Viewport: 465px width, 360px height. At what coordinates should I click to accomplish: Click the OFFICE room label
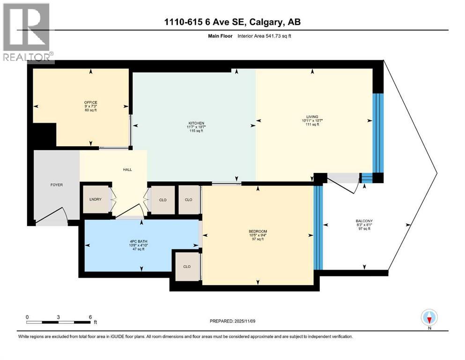tap(90, 102)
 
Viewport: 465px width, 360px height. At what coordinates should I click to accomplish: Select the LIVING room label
tap(312, 117)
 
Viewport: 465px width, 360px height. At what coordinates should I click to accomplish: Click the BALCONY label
tap(364, 221)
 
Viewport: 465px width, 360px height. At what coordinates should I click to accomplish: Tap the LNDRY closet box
tap(96, 200)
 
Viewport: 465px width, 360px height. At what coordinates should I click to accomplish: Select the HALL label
tap(126, 170)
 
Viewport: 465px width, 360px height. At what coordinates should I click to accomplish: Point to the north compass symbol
tap(429, 318)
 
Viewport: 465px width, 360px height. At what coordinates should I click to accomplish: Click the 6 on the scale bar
tap(90, 316)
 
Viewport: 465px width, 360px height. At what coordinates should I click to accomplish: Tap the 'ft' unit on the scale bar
tap(95, 322)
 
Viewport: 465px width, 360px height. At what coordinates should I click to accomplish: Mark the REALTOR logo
tap(27, 33)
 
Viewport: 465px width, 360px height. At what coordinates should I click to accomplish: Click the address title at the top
tap(233, 22)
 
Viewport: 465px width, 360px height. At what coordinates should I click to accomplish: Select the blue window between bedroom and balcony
tap(318, 228)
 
